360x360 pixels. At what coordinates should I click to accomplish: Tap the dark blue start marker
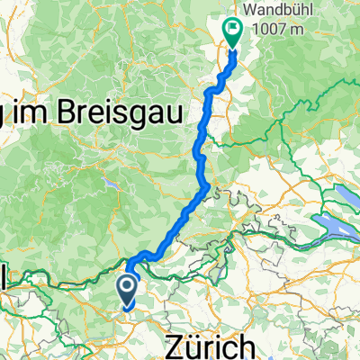128,292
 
